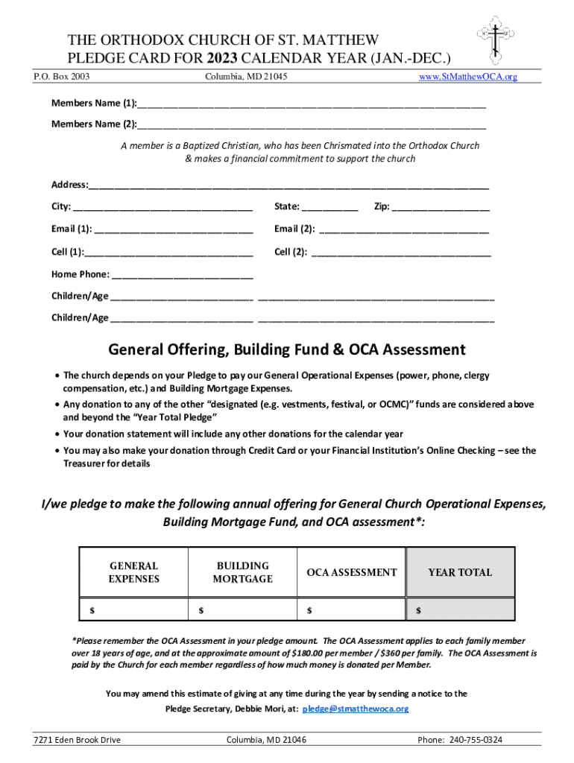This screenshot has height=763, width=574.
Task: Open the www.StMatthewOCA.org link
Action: pos(468,77)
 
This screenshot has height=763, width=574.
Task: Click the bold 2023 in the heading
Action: pos(224,58)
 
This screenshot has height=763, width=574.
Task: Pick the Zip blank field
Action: pos(441,208)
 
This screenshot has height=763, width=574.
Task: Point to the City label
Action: pos(61,206)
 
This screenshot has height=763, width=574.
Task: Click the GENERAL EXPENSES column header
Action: pos(134,572)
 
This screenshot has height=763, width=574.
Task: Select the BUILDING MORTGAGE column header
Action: pos(243,572)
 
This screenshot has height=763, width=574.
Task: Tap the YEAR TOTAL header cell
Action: pos(460,572)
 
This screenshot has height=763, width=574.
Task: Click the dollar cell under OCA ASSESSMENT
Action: pos(351,610)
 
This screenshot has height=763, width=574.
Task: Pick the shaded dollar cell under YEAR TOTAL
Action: pos(460,610)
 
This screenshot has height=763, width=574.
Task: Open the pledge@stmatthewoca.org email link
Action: pos(357,709)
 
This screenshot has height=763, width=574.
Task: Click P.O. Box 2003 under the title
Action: pos(62,77)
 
